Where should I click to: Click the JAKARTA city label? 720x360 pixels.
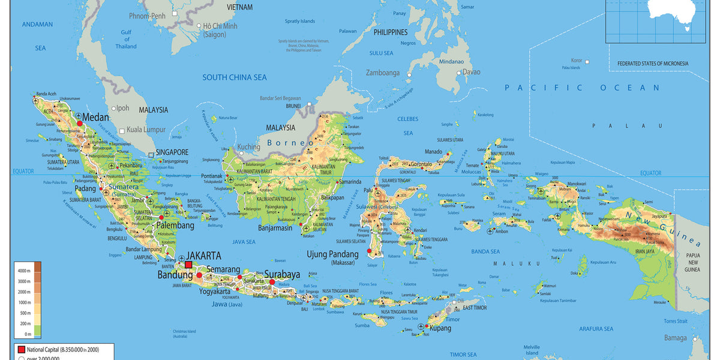[203, 256]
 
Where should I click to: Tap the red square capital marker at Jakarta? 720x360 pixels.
[188, 265]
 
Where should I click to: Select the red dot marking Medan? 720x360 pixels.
[79, 123]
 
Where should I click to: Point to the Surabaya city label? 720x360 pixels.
[282, 275]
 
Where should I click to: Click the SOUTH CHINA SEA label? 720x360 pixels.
[234, 77]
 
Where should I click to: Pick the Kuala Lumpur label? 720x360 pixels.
[146, 130]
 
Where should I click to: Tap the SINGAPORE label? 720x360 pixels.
[172, 152]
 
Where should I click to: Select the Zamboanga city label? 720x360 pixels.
[383, 73]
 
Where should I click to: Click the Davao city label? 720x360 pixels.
[471, 72]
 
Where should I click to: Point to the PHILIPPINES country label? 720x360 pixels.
[390, 32]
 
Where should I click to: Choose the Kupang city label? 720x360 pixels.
[440, 329]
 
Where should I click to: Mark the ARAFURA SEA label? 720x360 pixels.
[596, 329]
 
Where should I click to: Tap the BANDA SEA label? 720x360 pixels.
[485, 251]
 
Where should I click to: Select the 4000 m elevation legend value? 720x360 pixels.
[23, 271]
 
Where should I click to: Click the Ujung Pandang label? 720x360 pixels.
[333, 254]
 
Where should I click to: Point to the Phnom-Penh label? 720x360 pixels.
[147, 16]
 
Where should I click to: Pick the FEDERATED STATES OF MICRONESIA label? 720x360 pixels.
[653, 64]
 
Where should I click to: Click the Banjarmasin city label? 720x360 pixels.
[275, 228]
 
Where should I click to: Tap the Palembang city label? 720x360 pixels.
[175, 226]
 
